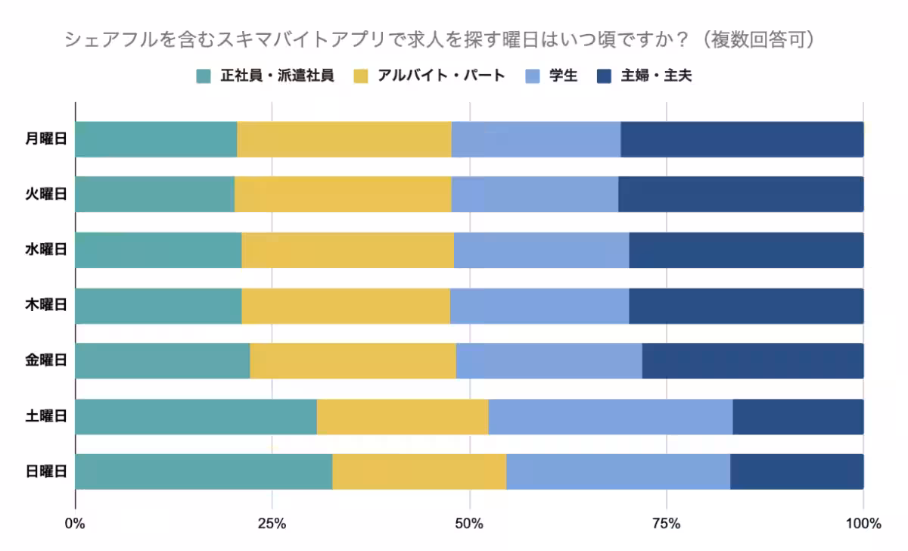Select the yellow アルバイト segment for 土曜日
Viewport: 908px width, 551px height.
tap(402, 416)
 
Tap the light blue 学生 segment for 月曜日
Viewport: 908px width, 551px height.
tap(536, 139)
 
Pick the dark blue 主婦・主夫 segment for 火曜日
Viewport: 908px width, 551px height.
tap(740, 195)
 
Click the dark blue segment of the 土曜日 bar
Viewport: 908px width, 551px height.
tap(798, 416)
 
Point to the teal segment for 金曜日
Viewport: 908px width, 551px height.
tap(162, 361)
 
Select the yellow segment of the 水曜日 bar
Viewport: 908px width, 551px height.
tap(347, 250)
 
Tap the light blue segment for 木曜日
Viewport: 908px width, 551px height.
tap(539, 306)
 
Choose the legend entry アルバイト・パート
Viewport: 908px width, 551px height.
tap(440, 76)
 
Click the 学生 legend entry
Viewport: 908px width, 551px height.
tap(563, 76)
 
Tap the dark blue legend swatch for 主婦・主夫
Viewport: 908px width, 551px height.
tap(605, 76)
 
